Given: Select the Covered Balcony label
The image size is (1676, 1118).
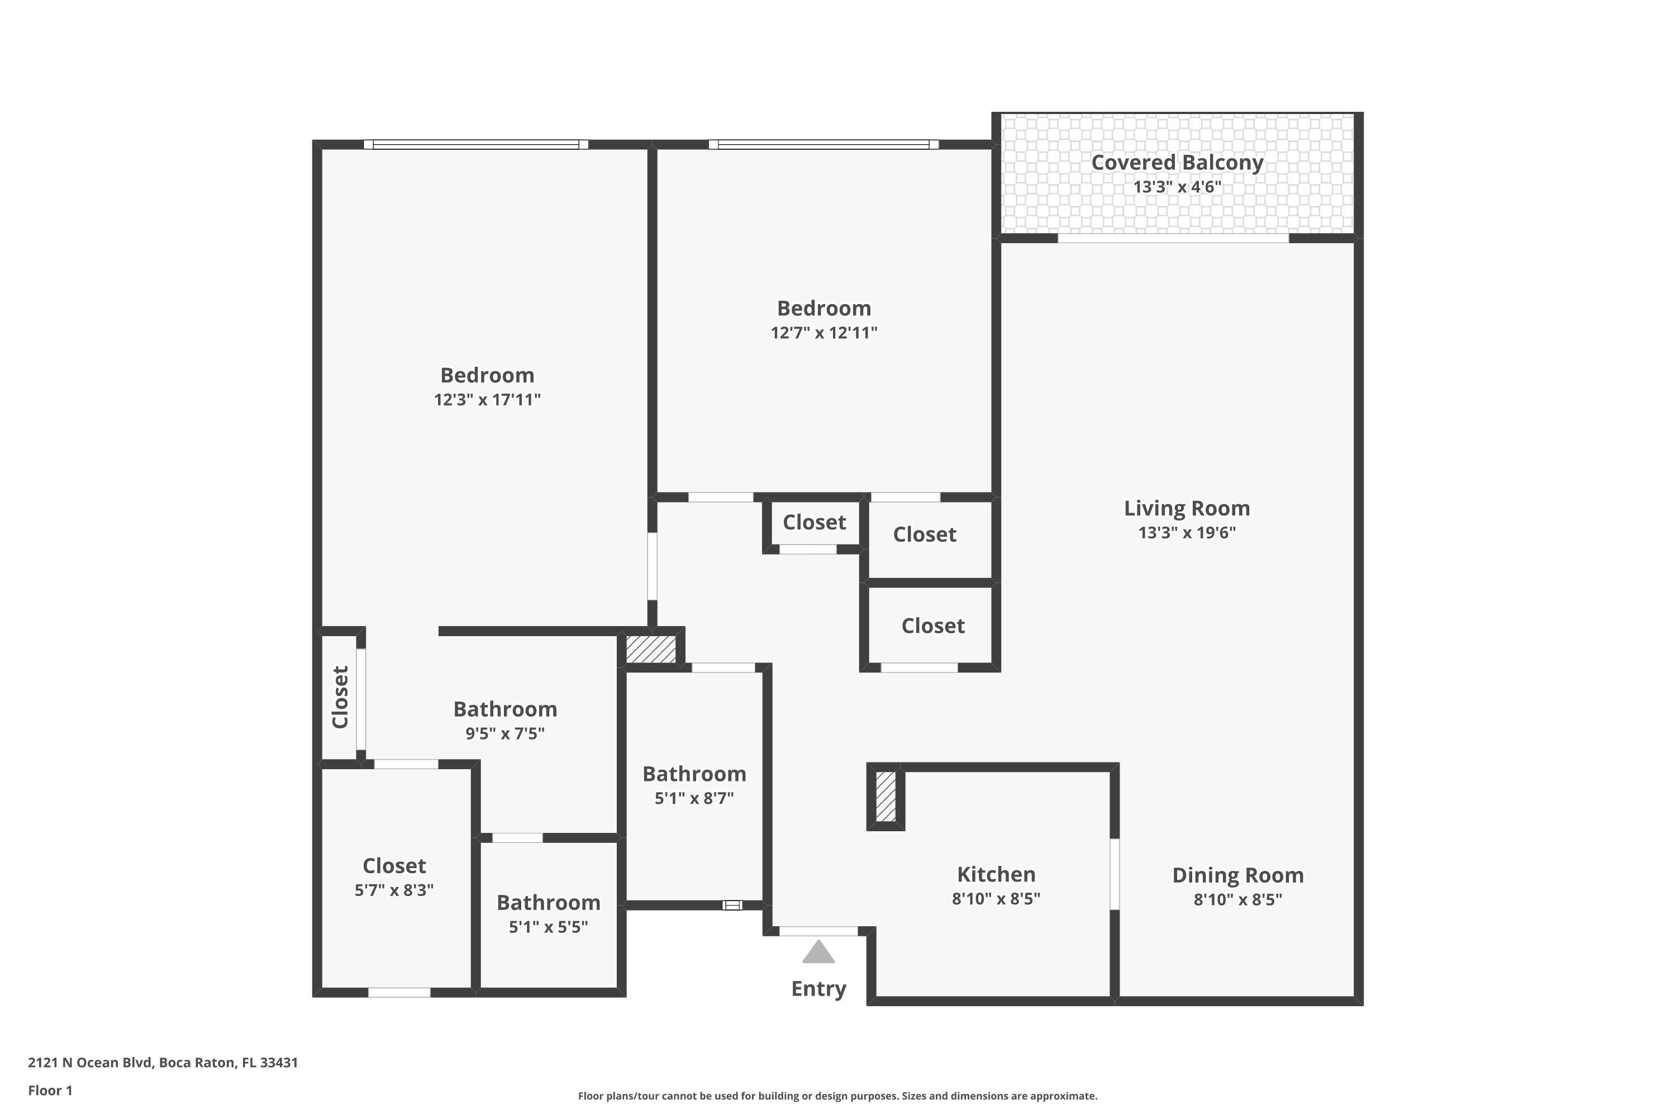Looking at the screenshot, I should pos(1177,163).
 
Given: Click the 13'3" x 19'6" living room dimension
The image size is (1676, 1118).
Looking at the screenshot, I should pos(1187,533).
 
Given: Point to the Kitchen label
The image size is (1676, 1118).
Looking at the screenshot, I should pos(996,874).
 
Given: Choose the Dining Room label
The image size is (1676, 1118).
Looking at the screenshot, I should pos(1238,875).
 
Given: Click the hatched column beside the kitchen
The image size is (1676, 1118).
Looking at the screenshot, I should pos(885,797).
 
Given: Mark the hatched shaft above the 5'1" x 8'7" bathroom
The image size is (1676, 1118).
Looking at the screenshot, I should pos(651,649).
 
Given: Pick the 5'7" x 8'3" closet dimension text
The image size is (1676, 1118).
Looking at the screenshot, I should pos(394,890).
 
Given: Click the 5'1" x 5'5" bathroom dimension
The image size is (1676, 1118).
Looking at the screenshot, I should pos(548,927).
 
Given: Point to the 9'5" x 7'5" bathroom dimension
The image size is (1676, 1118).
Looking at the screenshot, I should pos(504,733).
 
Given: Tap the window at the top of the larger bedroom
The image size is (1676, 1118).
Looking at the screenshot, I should pos(475,145).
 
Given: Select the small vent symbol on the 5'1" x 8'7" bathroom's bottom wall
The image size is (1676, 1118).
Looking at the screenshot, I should pos(732,906).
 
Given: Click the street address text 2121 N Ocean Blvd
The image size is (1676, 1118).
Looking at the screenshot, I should pos(163,1063).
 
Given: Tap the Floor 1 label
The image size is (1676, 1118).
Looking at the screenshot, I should pos(50,1090).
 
